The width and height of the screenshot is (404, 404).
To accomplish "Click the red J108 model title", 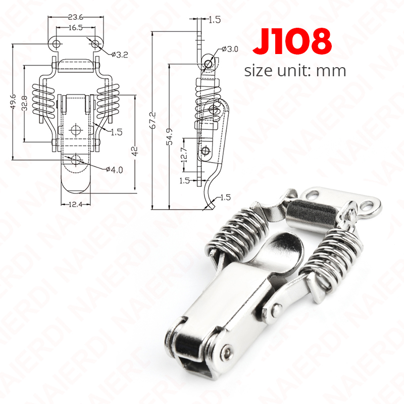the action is pos(292,41).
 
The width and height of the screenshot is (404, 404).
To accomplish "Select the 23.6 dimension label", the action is pos(75,17).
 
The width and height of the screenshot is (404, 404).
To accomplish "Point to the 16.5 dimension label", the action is pos(75,28).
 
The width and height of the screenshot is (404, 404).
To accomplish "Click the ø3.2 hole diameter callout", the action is pos(120,55).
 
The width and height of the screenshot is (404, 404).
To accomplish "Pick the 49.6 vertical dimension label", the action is pos(14,102).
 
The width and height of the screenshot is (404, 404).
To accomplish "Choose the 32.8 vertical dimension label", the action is pos(24,103).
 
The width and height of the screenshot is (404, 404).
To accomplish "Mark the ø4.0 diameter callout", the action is pos(115,170).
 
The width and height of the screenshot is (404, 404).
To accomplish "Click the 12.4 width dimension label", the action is pos(75,205).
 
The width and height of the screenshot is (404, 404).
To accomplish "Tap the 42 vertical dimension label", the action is pos(135,151).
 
